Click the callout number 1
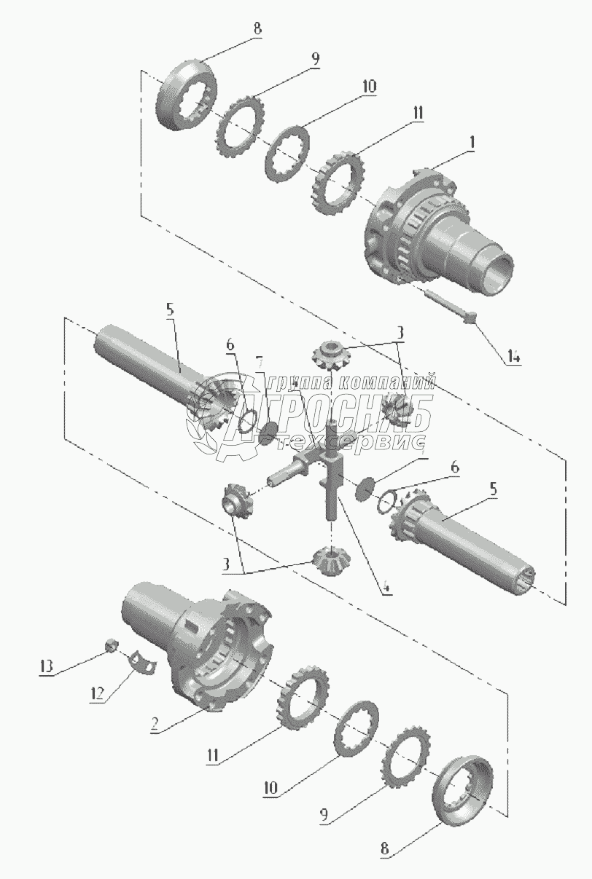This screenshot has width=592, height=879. (x=472, y=144)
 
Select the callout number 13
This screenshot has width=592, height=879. (x=47, y=665)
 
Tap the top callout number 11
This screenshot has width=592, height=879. (x=418, y=113)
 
